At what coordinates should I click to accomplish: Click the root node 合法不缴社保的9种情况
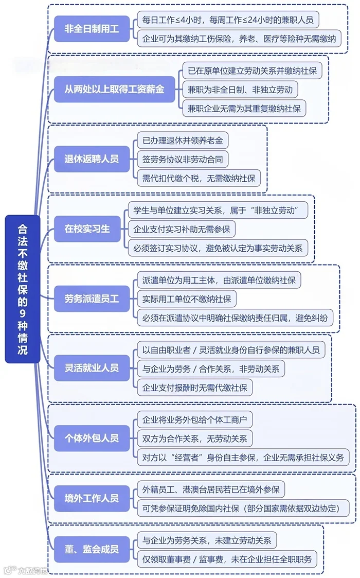23,289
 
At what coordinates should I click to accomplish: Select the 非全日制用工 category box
92,29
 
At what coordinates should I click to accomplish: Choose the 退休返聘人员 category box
92,159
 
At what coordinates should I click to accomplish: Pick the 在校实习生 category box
87,229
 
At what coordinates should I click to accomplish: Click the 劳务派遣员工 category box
92,298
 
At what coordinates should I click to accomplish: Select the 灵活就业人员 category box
92,368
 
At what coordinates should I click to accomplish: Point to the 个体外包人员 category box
92,438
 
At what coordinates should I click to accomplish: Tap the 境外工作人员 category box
92,498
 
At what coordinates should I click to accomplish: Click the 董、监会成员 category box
92,549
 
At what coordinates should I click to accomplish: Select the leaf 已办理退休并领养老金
183,141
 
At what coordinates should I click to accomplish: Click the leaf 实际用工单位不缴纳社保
187,299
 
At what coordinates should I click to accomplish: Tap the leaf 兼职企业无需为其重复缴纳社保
244,109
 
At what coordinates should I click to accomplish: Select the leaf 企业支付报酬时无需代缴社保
195,387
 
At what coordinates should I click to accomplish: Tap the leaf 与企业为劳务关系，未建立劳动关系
207,540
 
